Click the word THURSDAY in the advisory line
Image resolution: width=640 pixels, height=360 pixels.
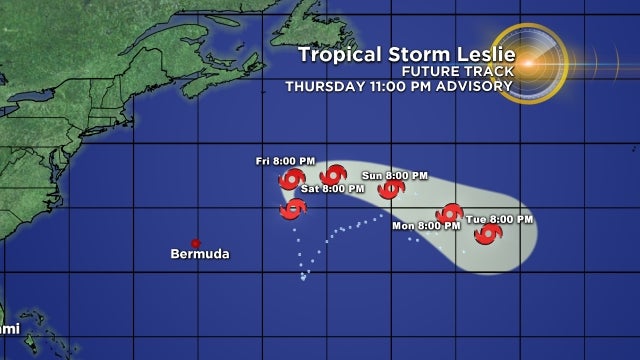(322, 86)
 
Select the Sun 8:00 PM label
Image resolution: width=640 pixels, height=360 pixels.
(395, 175)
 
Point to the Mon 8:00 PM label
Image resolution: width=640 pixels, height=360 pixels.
(426, 226)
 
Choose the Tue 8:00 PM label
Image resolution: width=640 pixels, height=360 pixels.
(499, 219)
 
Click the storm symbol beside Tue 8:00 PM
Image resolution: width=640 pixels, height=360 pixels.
(488, 234)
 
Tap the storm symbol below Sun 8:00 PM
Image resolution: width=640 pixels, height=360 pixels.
(391, 188)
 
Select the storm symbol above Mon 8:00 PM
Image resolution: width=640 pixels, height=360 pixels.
(449, 213)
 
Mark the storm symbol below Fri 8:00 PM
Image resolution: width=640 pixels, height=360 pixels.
(291, 179)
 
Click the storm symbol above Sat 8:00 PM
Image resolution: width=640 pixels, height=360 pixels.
(333, 174)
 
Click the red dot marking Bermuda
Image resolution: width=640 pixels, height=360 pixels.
(196, 243)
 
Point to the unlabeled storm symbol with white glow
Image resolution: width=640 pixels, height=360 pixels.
(292, 208)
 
